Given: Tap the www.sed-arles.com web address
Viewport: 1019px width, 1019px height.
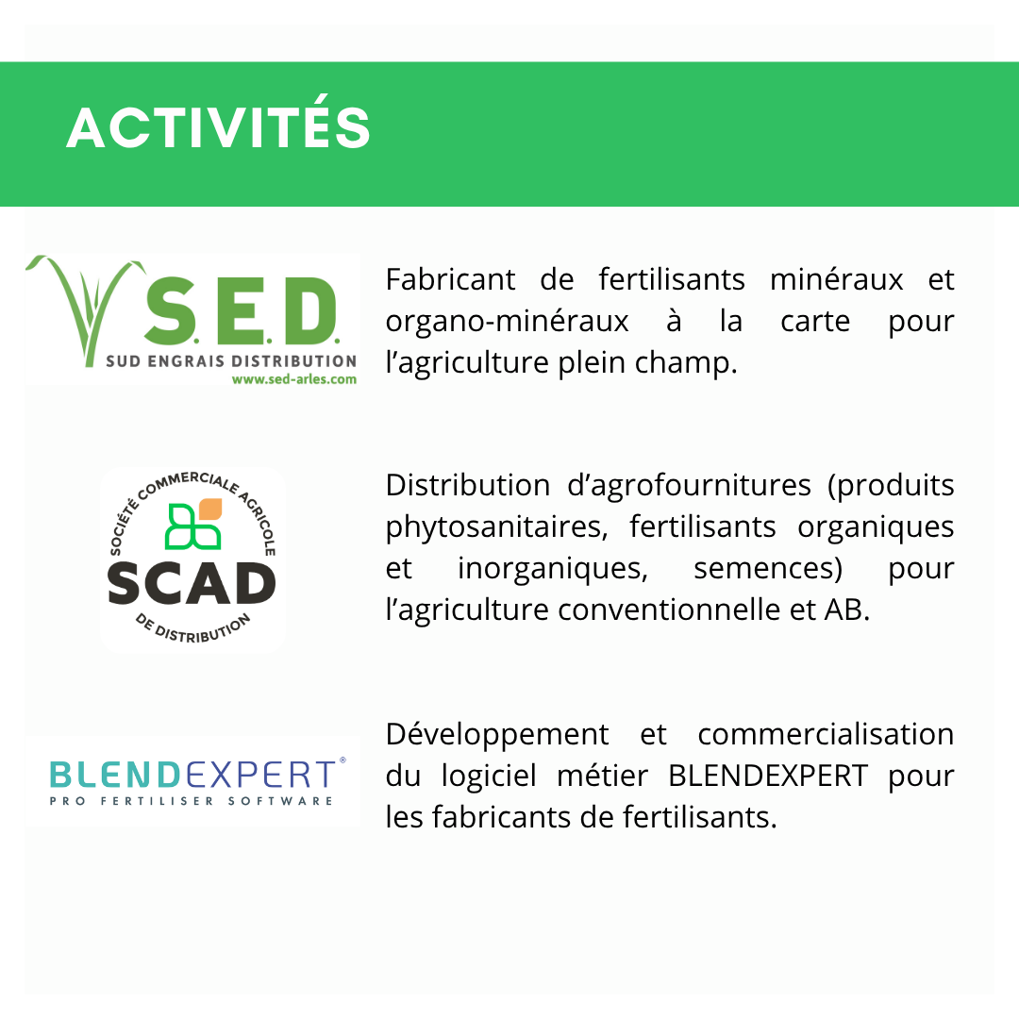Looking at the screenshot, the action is pyautogui.click(x=293, y=379).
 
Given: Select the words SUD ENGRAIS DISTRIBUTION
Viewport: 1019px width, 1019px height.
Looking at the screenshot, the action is pyautogui.click(x=231, y=360).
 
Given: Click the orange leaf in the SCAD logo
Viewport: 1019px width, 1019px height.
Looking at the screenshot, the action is pyautogui.click(x=209, y=509).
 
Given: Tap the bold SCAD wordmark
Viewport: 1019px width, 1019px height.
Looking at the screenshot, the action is pyautogui.click(x=192, y=583).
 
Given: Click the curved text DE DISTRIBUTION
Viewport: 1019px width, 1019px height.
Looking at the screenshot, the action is pyautogui.click(x=192, y=627).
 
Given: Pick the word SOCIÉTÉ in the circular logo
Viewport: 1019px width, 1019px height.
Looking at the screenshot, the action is pyautogui.click(x=124, y=526).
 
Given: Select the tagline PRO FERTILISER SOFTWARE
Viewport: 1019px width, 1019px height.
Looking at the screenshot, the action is pyautogui.click(x=191, y=801).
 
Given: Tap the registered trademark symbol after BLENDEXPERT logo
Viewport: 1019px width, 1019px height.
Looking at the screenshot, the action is pyautogui.click(x=342, y=760).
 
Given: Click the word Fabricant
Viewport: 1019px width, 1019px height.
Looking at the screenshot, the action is pyautogui.click(x=450, y=280).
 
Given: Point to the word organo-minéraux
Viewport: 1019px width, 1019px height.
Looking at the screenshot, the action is pyautogui.click(x=507, y=322).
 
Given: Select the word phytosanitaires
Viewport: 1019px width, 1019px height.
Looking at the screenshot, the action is pyautogui.click(x=496, y=527).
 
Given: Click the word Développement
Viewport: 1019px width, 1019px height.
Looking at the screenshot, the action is pyautogui.click(x=497, y=736).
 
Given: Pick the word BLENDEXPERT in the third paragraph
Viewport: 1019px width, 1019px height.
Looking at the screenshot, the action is pyautogui.click(x=767, y=776).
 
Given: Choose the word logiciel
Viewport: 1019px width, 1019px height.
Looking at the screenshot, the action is pyautogui.click(x=489, y=777).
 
